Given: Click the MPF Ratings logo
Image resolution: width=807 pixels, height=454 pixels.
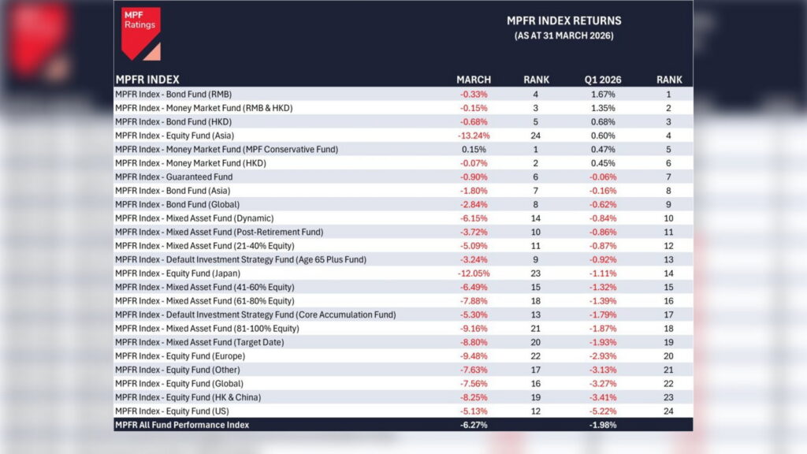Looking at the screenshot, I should coord(141,32).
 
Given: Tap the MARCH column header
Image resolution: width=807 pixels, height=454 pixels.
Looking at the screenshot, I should coord(474,80).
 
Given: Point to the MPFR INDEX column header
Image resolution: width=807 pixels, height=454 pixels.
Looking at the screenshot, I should coord(147,80).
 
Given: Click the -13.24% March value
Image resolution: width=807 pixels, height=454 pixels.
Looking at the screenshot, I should coord(474,135).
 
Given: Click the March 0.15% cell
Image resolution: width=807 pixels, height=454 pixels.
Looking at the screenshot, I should coord(474,149).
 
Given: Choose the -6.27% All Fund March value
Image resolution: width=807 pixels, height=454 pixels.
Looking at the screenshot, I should coord(474,425).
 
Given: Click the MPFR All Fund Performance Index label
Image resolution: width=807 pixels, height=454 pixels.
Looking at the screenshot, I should coord(182,425).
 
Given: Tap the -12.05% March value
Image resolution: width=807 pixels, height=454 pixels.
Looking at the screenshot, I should coord(474,273).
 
